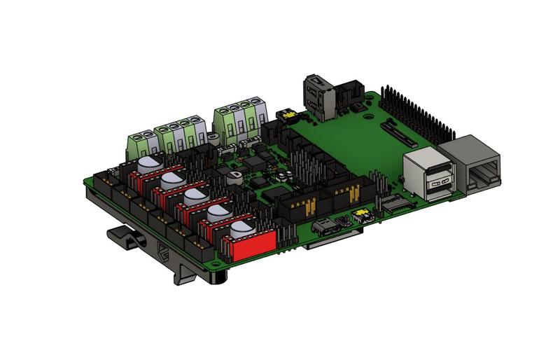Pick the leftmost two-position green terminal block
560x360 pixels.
click(142, 143)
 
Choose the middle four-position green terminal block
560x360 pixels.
click(183, 133)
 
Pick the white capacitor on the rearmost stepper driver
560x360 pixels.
click(149, 164)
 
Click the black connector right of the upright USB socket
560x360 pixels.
click(348, 97)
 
